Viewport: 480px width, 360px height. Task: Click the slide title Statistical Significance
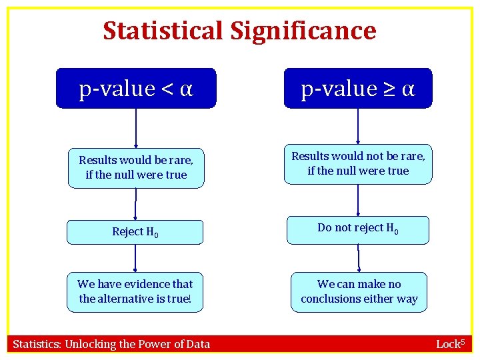coord(239,31)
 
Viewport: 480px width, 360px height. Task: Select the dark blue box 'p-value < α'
coord(136,88)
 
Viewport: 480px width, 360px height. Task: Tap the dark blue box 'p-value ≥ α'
coord(358,88)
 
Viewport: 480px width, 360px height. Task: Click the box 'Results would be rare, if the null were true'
coord(136,167)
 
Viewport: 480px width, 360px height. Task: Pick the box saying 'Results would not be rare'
coord(358,163)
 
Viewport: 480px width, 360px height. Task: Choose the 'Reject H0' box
coord(135,232)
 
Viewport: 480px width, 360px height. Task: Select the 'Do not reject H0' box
coord(358,229)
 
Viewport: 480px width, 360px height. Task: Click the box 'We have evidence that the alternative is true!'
coord(135,291)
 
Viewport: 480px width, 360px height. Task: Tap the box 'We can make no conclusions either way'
coord(359,291)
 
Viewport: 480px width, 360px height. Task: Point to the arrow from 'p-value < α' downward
coord(136,127)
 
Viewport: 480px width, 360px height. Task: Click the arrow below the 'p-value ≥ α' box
coord(358,126)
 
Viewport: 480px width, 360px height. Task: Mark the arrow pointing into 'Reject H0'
coord(135,204)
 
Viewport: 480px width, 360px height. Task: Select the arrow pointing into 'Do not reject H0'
coord(358,200)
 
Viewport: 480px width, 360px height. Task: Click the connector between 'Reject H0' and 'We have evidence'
coord(135,258)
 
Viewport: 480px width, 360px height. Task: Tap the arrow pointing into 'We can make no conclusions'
coord(359,258)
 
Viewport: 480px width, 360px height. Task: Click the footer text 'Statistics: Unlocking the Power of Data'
coord(111,344)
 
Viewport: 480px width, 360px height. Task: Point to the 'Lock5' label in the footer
coord(449,344)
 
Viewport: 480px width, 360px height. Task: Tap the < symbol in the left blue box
coord(167,89)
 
